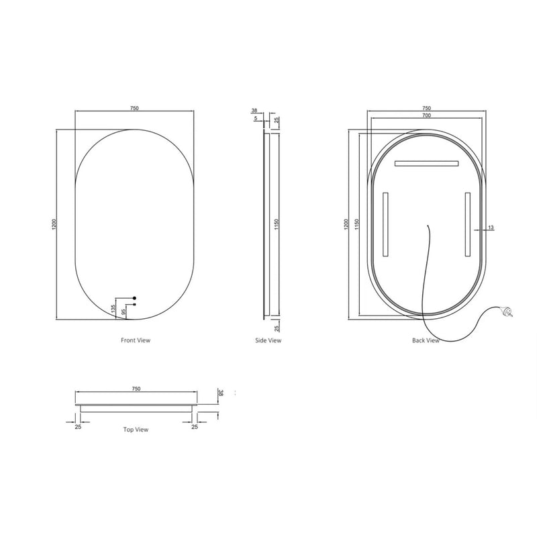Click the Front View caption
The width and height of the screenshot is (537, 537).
click(136, 340)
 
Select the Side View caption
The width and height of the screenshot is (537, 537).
click(268, 340)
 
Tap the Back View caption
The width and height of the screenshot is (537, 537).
click(426, 340)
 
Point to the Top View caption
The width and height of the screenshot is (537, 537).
click(136, 429)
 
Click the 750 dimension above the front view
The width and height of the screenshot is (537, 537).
click(134, 107)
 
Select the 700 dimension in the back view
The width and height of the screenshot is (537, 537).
click(426, 115)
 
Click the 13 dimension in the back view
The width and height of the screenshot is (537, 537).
click(491, 229)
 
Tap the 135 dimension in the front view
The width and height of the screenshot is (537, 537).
click(112, 308)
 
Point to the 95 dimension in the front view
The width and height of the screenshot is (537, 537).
click(124, 311)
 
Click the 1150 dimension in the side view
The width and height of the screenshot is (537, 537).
click(276, 224)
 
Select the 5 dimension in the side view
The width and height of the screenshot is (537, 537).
click(256, 119)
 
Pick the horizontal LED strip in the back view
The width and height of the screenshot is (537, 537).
click(426, 163)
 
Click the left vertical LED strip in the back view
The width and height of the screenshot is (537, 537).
click(385, 224)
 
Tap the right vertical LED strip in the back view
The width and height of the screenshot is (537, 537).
click(467, 224)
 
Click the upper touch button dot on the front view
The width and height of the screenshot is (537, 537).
click(134, 297)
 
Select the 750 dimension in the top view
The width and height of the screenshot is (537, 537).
click(136, 389)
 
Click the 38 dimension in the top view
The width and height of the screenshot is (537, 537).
click(219, 393)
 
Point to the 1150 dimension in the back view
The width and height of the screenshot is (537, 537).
click(358, 224)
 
